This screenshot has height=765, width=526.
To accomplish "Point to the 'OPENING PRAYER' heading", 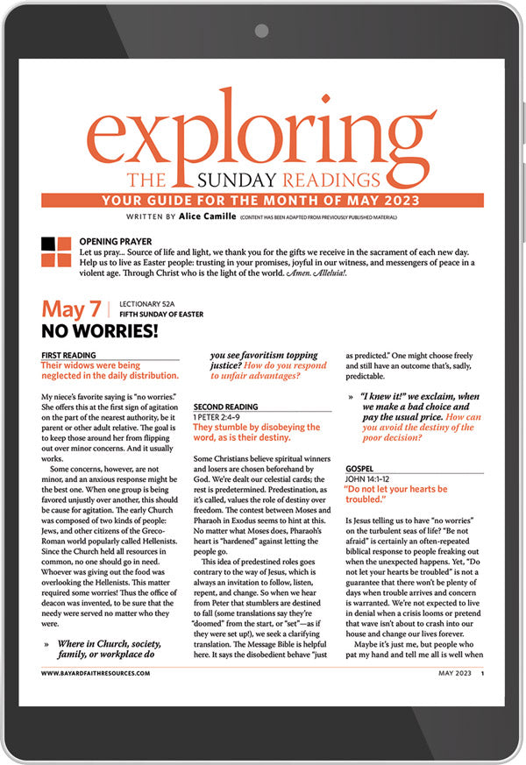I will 115,241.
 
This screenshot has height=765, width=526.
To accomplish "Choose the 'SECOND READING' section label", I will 225,407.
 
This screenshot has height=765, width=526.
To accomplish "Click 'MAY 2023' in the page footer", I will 456,673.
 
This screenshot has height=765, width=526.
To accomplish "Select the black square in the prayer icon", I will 48,243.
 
